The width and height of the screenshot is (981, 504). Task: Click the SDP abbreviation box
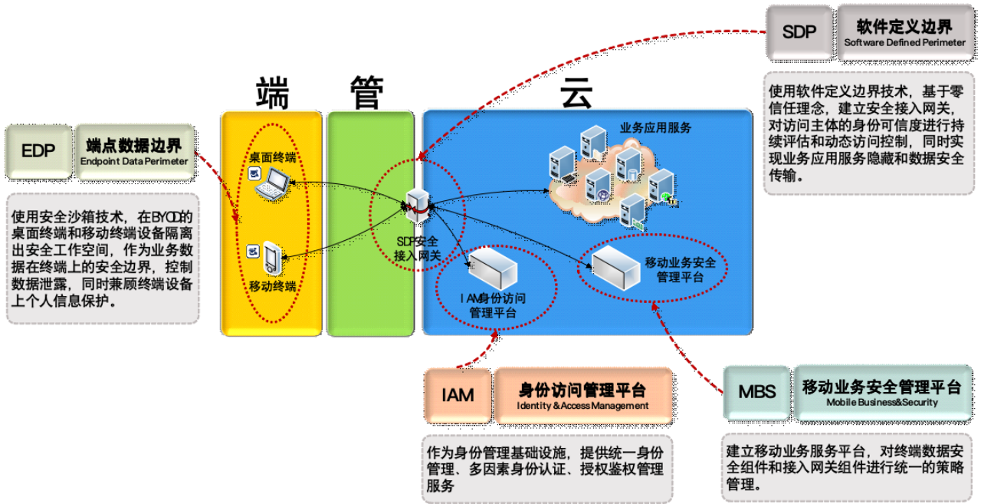(x=799, y=32)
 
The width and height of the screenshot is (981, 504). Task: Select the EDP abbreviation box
(x=38, y=152)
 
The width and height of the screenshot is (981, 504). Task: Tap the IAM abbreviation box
(x=458, y=395)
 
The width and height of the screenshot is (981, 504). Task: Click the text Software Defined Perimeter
(x=905, y=43)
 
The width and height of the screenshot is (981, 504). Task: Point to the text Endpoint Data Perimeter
(x=134, y=162)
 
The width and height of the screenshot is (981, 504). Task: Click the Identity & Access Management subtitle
(x=582, y=406)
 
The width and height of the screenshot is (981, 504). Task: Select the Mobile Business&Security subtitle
(x=882, y=402)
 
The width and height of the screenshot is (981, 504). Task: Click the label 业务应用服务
(x=655, y=127)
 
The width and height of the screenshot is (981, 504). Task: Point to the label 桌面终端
(x=272, y=158)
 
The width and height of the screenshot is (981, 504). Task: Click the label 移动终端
(x=273, y=287)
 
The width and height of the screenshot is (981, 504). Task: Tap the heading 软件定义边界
(x=904, y=27)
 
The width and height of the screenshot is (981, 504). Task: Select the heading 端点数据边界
(x=134, y=146)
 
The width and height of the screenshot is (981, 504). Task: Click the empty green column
(x=359, y=223)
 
